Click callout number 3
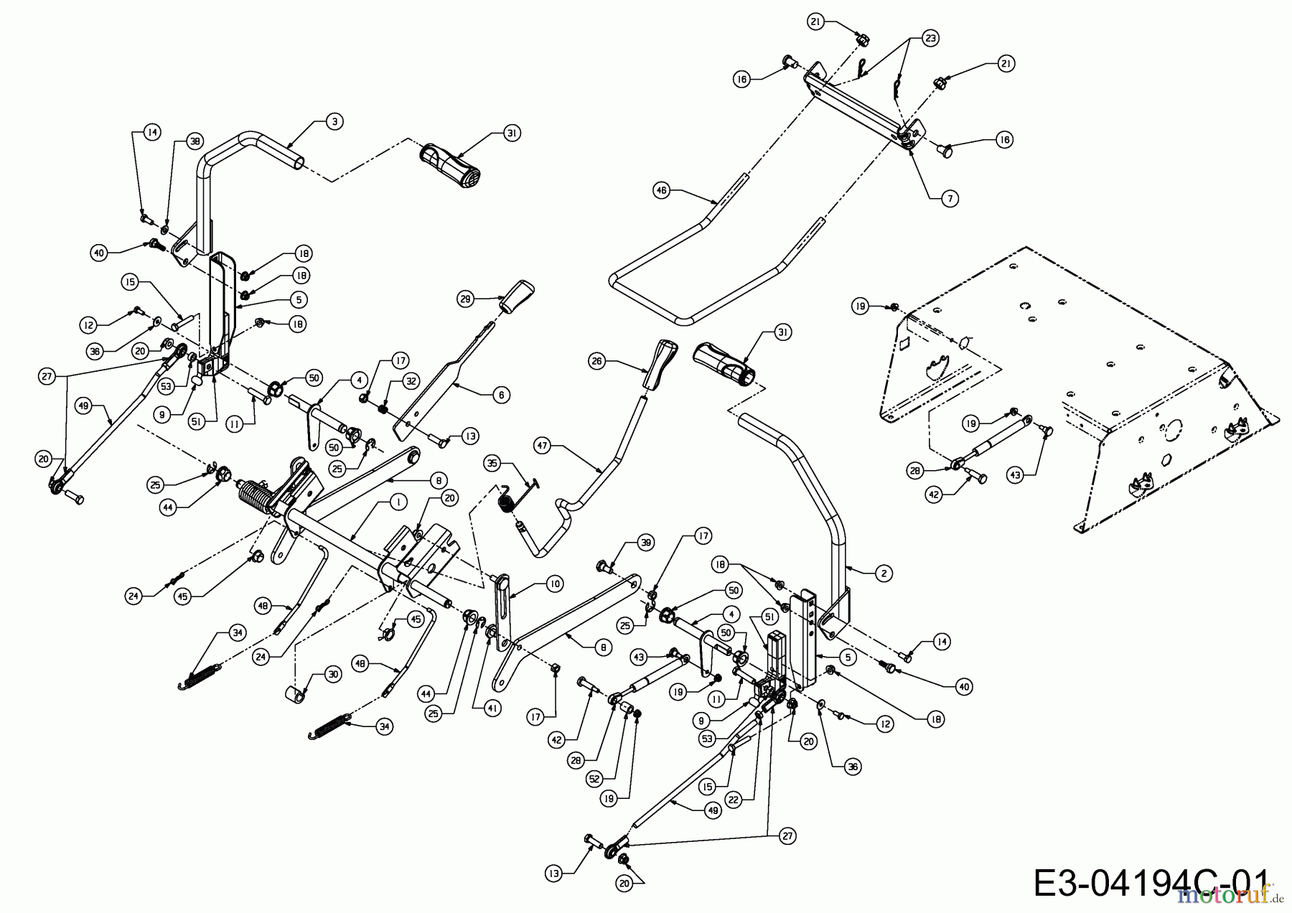334,121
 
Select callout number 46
661,190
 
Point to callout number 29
466,299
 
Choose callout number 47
542,446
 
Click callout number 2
884,573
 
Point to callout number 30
332,674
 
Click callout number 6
501,394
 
